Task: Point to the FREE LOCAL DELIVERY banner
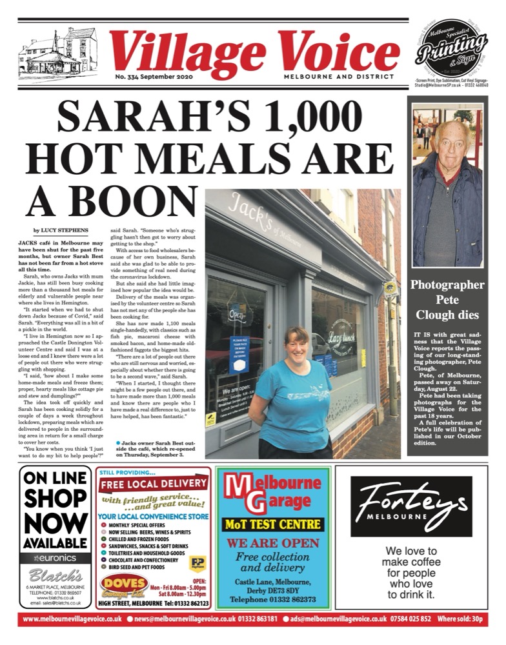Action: [152, 485]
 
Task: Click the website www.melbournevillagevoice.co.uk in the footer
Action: [72, 619]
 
